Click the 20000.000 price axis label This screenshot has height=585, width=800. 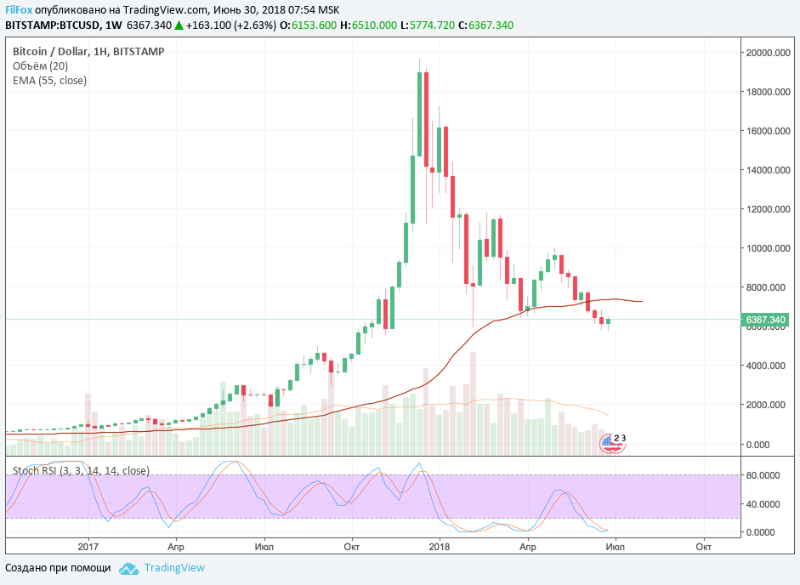point(770,53)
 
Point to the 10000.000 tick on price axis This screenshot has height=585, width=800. point(770,248)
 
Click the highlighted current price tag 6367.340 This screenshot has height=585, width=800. point(766,320)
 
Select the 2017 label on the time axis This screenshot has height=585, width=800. point(89,548)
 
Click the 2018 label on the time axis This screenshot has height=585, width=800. point(440,548)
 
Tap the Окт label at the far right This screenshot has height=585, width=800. point(703,548)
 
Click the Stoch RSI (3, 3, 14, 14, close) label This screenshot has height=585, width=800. point(81,470)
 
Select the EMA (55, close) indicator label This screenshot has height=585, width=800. point(49,81)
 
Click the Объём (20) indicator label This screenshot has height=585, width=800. point(40,66)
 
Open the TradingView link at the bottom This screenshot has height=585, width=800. point(174,568)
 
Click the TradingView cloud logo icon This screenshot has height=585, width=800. point(128,568)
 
